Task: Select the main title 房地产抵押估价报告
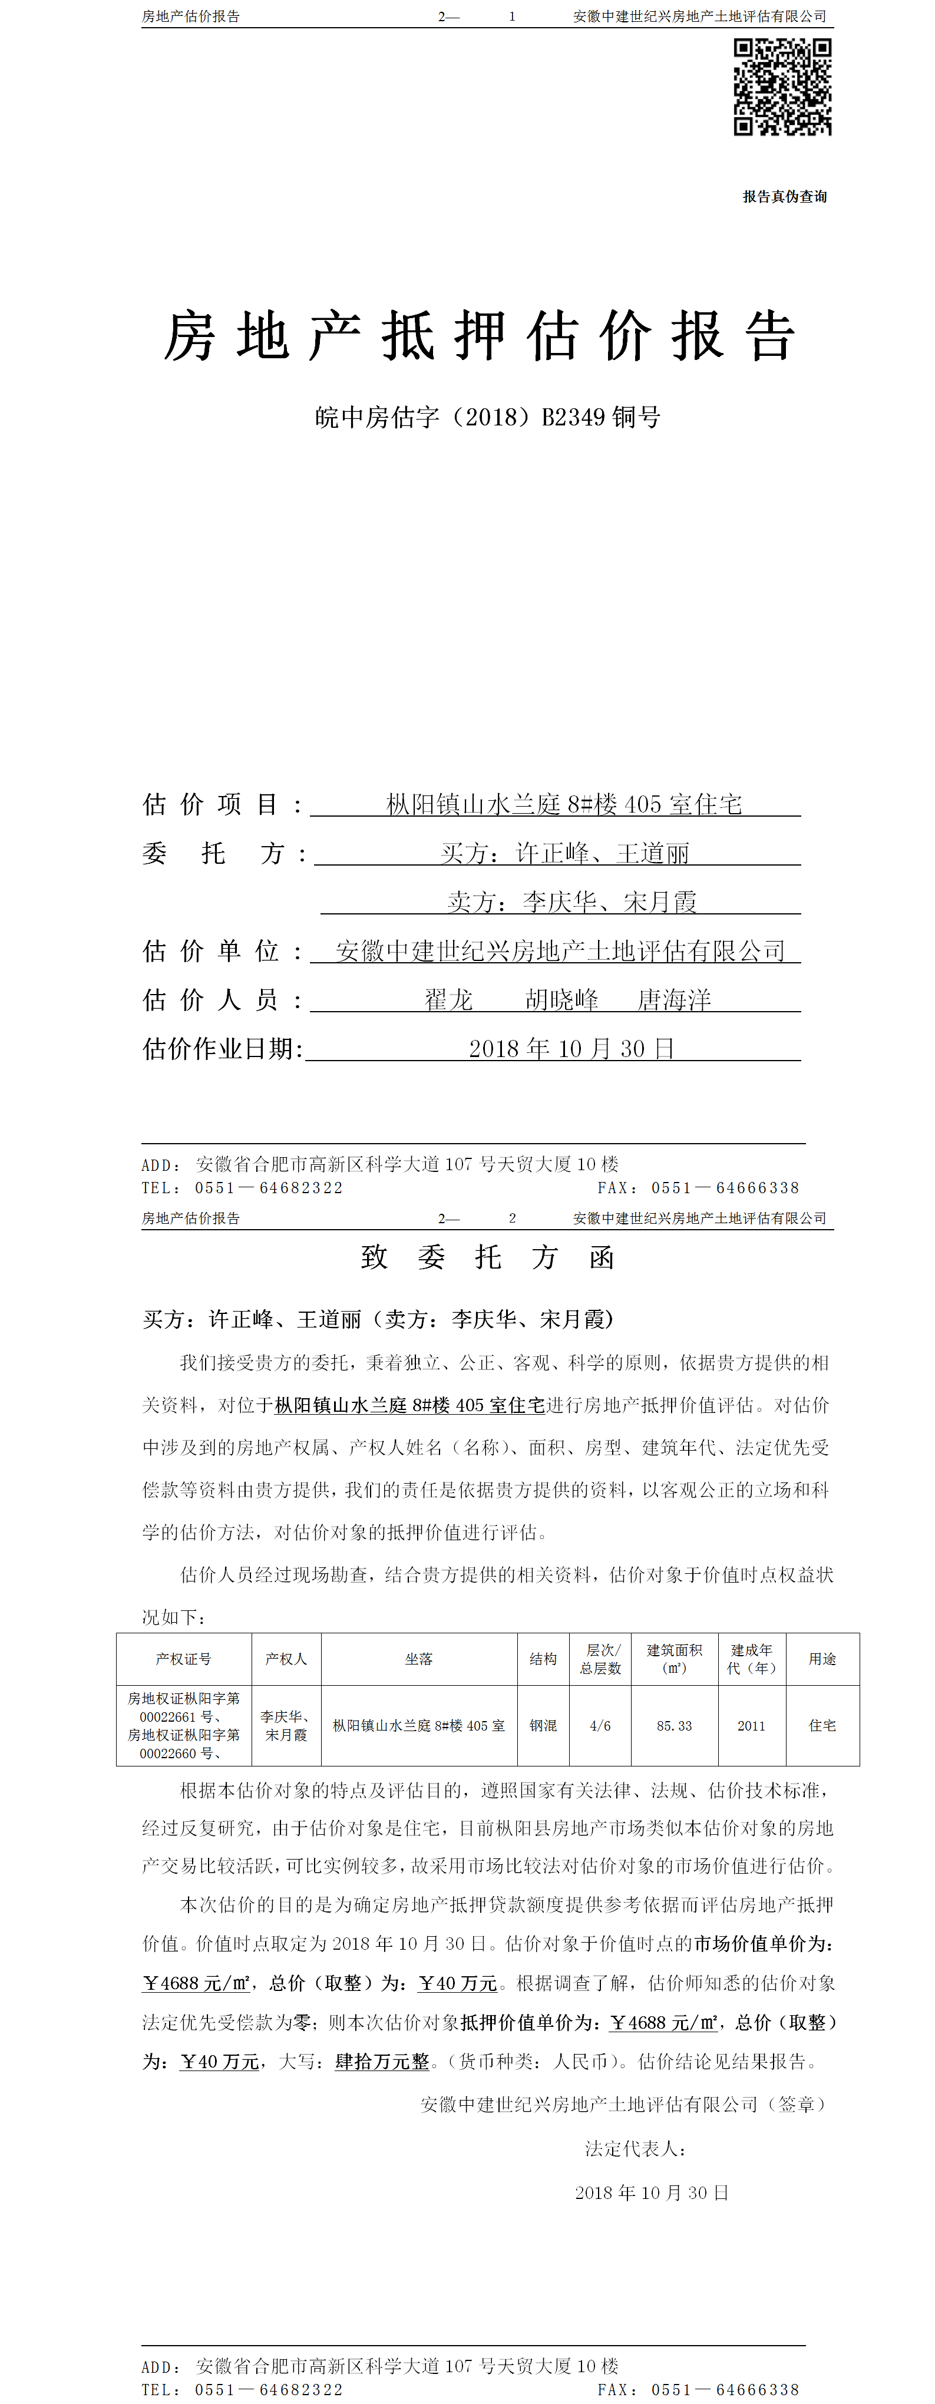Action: click(x=480, y=336)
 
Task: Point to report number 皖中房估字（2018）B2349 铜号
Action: click(x=487, y=417)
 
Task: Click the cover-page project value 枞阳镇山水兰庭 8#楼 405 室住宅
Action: click(x=564, y=804)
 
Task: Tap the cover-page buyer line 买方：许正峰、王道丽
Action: click(x=564, y=853)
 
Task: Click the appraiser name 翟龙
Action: click(x=449, y=999)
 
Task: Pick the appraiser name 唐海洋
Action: click(x=674, y=999)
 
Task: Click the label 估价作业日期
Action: click(x=222, y=1049)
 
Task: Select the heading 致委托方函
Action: click(x=487, y=1257)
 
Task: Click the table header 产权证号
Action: click(x=184, y=1659)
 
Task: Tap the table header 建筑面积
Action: click(x=674, y=1659)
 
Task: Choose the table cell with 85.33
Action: click(x=674, y=1726)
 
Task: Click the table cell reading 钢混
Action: click(x=543, y=1726)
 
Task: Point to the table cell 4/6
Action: click(x=600, y=1726)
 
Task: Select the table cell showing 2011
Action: click(x=751, y=1726)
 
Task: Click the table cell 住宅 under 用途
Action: click(x=822, y=1726)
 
